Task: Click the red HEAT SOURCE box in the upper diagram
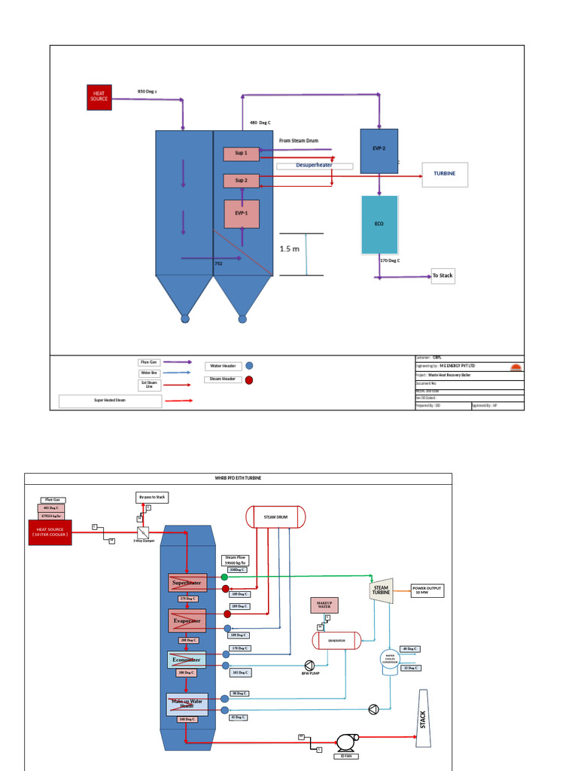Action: click(99, 98)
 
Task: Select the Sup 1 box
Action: click(241, 154)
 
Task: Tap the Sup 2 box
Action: click(241, 181)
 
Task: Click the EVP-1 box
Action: click(241, 214)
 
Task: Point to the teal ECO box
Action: click(379, 224)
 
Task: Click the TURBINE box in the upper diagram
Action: click(444, 174)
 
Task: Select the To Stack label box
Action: click(443, 276)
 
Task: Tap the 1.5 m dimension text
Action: click(290, 248)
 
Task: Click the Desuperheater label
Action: click(314, 165)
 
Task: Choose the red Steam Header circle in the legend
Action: click(249, 380)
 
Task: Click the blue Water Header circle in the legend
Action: click(249, 367)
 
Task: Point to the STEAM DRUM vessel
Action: click(275, 517)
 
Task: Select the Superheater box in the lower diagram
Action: click(187, 583)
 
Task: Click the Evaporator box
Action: click(187, 621)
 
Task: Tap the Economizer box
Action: click(187, 660)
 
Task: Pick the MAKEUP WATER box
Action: click(324, 605)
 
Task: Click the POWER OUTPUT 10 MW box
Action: click(427, 590)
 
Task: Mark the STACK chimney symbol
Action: click(423, 719)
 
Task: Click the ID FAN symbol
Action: click(346, 743)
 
